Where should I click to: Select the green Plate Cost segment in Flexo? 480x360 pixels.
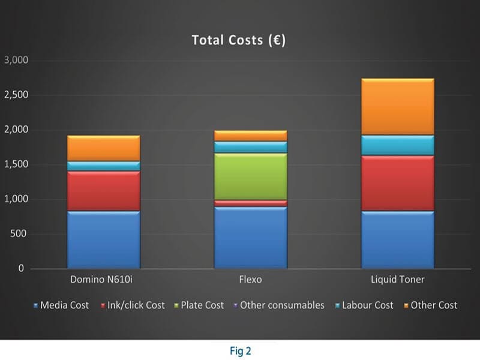(251, 176)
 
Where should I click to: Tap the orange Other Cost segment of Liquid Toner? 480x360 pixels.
(398, 107)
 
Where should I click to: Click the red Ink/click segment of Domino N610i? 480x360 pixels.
(104, 191)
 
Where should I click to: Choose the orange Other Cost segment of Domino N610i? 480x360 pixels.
(104, 148)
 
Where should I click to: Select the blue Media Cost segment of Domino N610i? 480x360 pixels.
(104, 239)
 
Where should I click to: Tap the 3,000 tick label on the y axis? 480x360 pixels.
(16, 60)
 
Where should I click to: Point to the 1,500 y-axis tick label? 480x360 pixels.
(16, 164)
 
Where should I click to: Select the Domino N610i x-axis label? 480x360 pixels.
(104, 280)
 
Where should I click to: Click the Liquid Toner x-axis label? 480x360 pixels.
(398, 280)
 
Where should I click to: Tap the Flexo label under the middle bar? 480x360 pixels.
(251, 280)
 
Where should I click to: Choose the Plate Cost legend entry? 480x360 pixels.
(201, 305)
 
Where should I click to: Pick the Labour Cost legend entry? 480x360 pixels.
(366, 305)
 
